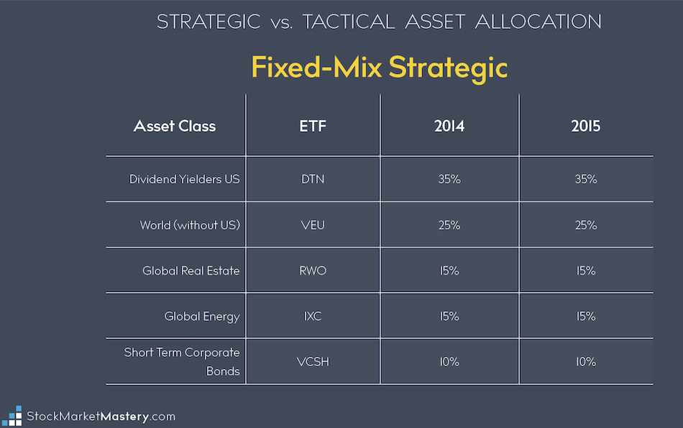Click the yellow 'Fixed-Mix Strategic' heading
coord(380,68)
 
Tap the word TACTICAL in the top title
coord(349,22)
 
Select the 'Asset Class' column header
coord(174,126)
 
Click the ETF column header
coord(313,126)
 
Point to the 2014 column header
coord(449,126)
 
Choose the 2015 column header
coord(585,126)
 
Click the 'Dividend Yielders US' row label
coord(184,179)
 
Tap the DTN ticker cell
coord(313,179)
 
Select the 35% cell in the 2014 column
coord(449,179)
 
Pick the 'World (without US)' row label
coord(190,225)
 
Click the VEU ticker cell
coord(313,225)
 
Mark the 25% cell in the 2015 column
coord(585,225)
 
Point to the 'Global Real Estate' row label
coord(191,270)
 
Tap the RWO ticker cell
coord(313,270)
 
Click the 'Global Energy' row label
coord(202,317)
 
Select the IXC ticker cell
coord(313,316)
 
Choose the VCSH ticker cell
coord(313,362)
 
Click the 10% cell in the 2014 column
coord(449,362)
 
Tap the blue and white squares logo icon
coord(12,416)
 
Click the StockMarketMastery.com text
coord(101,416)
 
